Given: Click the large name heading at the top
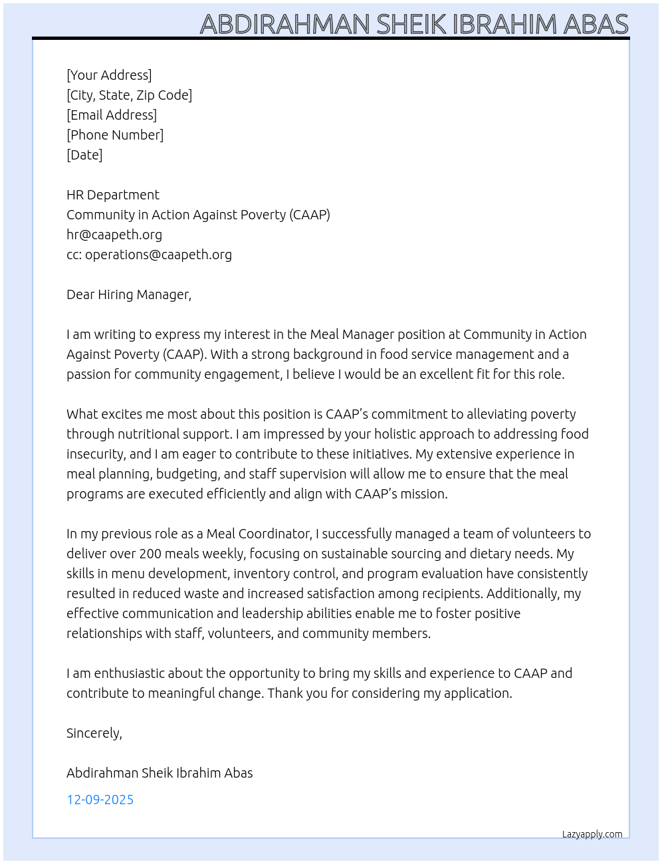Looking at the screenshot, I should (x=413, y=24).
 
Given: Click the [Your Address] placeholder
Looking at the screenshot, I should (x=109, y=75).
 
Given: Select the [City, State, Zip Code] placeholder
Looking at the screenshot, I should (x=129, y=95).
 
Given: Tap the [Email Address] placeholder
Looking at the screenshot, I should (x=112, y=115).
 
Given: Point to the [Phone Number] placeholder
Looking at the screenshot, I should (x=115, y=135).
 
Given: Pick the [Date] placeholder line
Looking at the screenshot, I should (x=84, y=155).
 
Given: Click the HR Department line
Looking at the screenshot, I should (x=113, y=195).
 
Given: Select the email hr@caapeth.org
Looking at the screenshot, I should (x=114, y=235).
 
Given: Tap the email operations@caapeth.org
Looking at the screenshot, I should (x=158, y=255).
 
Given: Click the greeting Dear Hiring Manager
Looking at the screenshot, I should (x=129, y=294).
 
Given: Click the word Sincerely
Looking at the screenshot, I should (x=94, y=733).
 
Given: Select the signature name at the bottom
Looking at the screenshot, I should (x=160, y=773).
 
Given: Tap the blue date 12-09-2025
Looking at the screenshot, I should (x=100, y=800).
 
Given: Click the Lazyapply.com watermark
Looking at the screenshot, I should (x=592, y=834).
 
